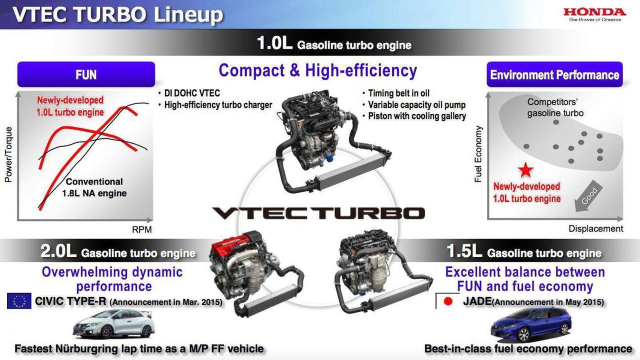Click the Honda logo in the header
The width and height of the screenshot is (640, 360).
(594, 15)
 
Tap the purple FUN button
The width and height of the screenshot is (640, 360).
(86, 74)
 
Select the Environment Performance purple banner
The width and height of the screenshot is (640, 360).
(554, 74)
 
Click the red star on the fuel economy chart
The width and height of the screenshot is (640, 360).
(525, 170)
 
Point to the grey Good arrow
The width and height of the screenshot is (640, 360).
(588, 196)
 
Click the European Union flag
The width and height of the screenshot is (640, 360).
(19, 301)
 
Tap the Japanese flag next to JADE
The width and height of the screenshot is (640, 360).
(447, 301)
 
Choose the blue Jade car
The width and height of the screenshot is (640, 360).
(531, 325)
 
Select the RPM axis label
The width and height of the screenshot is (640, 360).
(141, 229)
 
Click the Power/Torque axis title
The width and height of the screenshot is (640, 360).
(8, 154)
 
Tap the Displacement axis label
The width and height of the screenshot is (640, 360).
(595, 228)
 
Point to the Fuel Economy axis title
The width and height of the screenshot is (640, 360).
(478, 154)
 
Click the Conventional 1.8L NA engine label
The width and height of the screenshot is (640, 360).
(94, 187)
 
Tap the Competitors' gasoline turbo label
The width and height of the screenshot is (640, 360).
(555, 107)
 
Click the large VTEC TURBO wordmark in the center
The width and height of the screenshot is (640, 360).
(318, 213)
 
